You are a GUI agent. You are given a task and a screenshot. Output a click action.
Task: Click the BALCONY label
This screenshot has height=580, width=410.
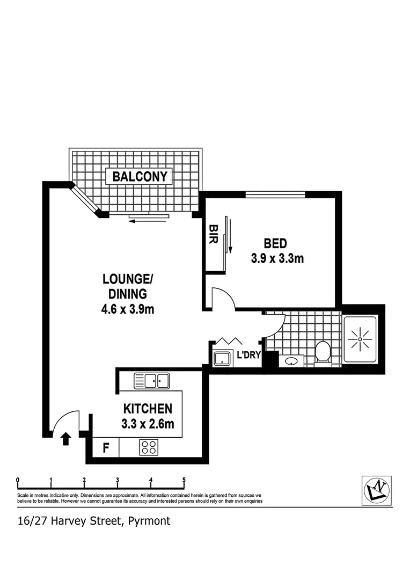tap(140, 176)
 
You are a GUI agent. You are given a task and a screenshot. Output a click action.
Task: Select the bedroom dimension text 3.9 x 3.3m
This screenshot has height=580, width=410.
tap(277, 258)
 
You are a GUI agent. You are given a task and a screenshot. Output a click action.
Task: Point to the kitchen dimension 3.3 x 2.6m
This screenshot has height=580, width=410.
tap(148, 424)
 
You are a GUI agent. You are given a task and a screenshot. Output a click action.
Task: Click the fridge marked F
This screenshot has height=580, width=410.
tap(105, 447)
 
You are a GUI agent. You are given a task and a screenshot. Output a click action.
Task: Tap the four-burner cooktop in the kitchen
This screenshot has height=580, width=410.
tap(148, 447)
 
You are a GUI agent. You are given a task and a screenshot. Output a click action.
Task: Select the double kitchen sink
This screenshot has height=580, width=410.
tap(152, 381)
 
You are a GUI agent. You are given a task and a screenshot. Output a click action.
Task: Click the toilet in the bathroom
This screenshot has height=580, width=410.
tap(322, 353)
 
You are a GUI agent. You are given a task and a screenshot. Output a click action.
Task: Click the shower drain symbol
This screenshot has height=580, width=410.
tap(360, 339)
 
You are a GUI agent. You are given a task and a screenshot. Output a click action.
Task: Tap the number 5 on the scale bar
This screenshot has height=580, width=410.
tap(184, 480)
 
